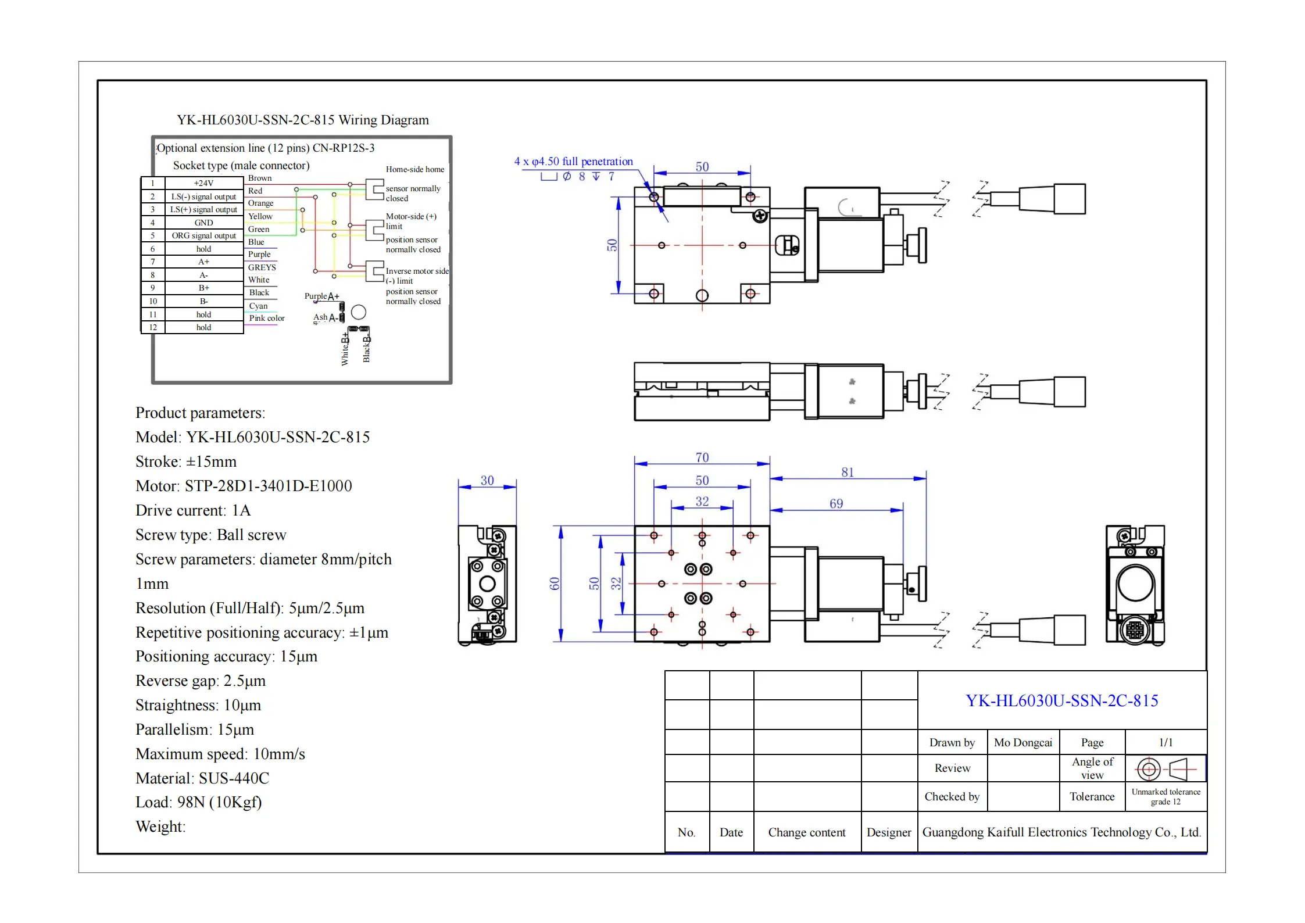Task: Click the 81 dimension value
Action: click(x=847, y=473)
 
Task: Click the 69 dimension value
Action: click(x=836, y=504)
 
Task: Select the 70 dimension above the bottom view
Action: click(x=702, y=458)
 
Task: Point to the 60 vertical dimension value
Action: click(x=555, y=584)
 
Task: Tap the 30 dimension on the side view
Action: click(x=487, y=481)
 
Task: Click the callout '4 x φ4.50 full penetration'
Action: click(x=573, y=162)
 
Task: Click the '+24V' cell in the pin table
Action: click(x=203, y=183)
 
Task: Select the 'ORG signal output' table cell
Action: click(x=203, y=235)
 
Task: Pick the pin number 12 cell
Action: click(x=153, y=327)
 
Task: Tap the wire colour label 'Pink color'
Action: click(x=267, y=318)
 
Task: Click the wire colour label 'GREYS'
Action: click(x=262, y=267)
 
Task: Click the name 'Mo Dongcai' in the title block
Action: click(x=1023, y=742)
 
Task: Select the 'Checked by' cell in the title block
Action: click(x=952, y=796)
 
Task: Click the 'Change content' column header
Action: click(x=806, y=832)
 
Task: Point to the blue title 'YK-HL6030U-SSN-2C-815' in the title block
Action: click(x=1061, y=700)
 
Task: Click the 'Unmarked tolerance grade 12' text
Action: click(x=1165, y=796)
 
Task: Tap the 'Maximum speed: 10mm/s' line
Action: click(x=220, y=754)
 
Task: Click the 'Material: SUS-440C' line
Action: click(x=202, y=778)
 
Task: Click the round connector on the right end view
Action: click(x=1135, y=629)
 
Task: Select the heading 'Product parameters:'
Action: click(x=200, y=413)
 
